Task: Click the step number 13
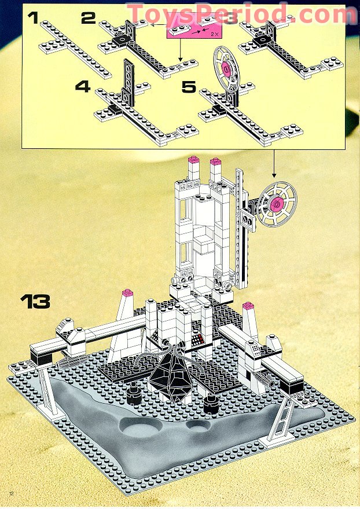[35, 301]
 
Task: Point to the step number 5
[189, 87]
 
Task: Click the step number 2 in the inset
[88, 18]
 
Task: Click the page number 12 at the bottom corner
[10, 493]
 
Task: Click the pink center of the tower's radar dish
[276, 203]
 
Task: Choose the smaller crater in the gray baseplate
[199, 426]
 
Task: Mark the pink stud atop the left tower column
[193, 160]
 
